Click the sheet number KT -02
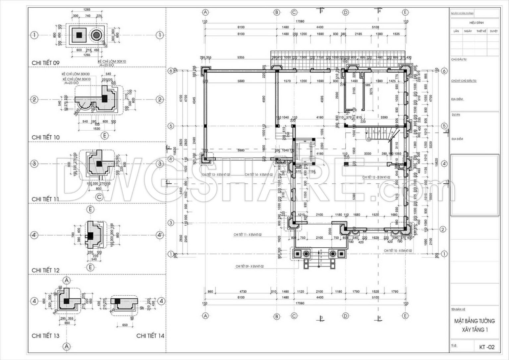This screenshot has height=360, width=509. coord(486,347)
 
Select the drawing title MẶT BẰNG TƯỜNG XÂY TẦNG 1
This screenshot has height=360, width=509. coord(475,325)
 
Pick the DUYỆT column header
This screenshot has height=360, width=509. coord(493,31)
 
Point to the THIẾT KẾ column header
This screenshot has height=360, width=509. coord(481,31)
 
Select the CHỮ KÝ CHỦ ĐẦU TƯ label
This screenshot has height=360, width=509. coord(464,81)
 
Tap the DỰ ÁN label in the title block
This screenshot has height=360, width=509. coord(456,115)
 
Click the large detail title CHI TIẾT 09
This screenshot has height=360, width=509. coord(45,63)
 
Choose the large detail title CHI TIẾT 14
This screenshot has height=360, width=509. coord(150,336)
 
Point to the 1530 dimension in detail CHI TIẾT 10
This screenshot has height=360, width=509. coord(96,128)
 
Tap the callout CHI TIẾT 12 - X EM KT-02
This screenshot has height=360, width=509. coord(376,177)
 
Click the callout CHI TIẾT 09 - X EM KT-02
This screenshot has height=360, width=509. coord(250,266)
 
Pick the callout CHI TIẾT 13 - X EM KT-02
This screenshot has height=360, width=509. coord(216,175)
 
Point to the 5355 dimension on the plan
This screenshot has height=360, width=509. coord(241,57)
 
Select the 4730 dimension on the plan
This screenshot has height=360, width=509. coord(243,292)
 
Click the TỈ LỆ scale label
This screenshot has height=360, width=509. coord(454,345)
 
